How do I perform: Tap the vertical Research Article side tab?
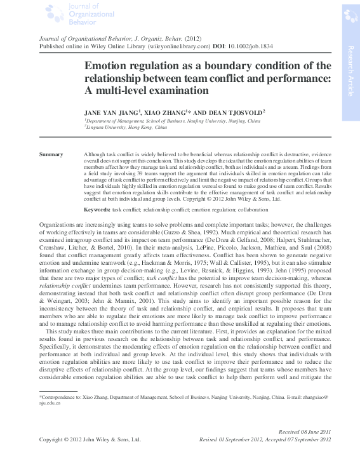(350, 70)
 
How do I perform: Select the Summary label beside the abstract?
(51, 154)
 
